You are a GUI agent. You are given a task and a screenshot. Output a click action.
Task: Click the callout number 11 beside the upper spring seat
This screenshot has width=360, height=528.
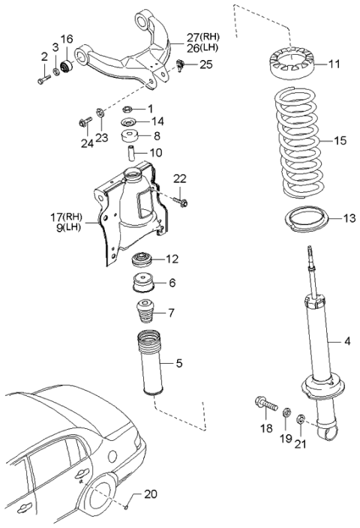(334, 65)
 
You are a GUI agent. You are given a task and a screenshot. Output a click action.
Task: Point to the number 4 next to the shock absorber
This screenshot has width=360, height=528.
(347, 343)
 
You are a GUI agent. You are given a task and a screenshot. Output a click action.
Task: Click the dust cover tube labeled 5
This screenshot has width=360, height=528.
(153, 358)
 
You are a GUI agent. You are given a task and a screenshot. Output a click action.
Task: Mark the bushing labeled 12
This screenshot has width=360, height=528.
(144, 261)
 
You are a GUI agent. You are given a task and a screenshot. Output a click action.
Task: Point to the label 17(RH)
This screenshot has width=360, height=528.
(66, 217)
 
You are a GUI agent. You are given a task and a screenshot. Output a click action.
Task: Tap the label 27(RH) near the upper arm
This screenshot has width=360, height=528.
(193, 35)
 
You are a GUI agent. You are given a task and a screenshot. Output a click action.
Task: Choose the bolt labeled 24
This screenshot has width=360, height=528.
(82, 121)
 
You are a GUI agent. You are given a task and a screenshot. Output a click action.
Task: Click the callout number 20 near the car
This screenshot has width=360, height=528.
(150, 493)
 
